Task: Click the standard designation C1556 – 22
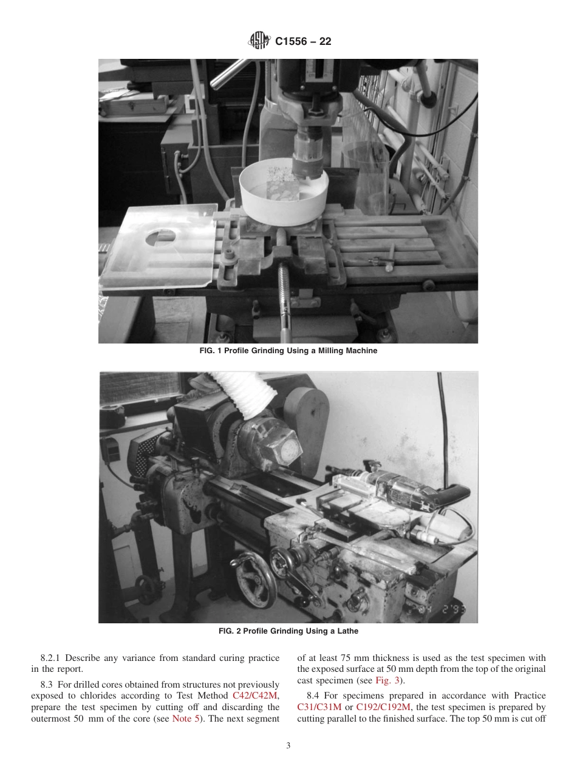(303, 42)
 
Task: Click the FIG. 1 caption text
(288, 351)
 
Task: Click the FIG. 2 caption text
(288, 631)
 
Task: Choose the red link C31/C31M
(319, 707)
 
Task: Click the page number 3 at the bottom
(288, 746)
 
